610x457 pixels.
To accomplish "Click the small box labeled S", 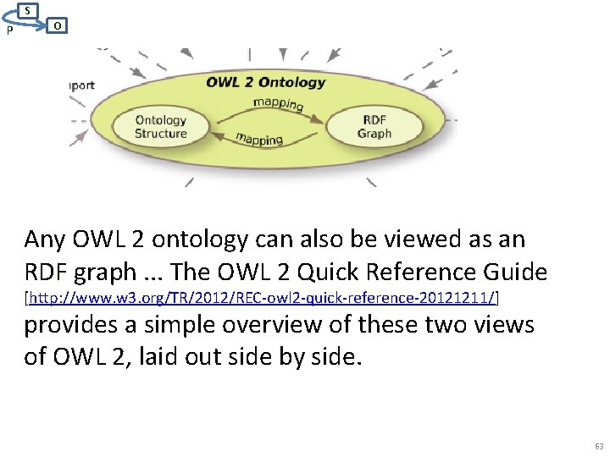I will click(x=28, y=10).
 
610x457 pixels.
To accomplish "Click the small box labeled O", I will click(x=56, y=26).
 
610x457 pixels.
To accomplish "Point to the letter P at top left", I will click(x=8, y=30).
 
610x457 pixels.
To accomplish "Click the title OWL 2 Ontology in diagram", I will click(x=265, y=82).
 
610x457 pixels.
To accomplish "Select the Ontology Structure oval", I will click(x=160, y=127).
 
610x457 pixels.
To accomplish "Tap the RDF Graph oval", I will click(x=374, y=127).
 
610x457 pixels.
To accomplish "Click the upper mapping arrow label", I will click(x=278, y=104).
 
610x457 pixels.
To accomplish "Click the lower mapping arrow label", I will click(x=258, y=137).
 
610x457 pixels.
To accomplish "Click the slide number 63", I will click(x=599, y=445).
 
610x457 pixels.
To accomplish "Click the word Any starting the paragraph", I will click(x=45, y=240).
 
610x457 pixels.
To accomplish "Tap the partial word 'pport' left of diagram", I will click(x=82, y=85).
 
